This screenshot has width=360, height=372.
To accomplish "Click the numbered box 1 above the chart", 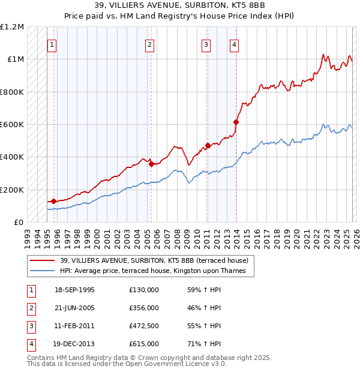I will (52, 44).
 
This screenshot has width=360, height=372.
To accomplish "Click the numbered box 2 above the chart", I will (149, 44).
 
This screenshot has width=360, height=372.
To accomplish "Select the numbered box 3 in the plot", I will (206, 44).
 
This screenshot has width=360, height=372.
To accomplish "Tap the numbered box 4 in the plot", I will (234, 44).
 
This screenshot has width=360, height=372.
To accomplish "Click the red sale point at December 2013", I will (236, 122).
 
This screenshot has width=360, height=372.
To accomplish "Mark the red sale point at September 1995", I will (54, 201).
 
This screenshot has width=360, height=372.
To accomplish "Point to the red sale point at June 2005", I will (151, 164).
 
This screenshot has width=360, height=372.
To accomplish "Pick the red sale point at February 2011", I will (208, 145).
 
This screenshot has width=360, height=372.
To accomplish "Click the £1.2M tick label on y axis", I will (12, 27).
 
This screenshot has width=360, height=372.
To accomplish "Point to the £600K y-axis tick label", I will (12, 125).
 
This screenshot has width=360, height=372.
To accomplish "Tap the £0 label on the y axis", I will (18, 222).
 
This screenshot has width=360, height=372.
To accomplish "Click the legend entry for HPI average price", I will (156, 271).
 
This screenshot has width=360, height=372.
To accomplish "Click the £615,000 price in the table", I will (144, 344).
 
